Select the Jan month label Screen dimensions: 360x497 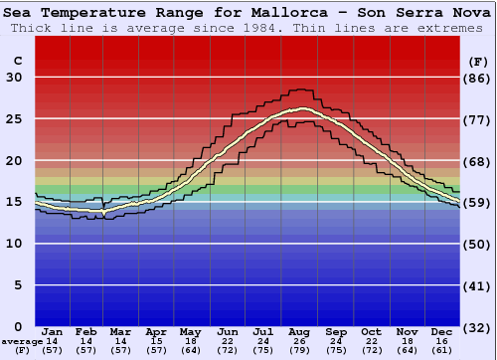pyautogui.click(x=54, y=331)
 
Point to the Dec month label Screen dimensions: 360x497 pyautogui.click(x=442, y=331)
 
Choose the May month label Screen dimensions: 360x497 pyautogui.click(x=189, y=331)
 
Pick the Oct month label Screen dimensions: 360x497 pyautogui.click(x=371, y=331)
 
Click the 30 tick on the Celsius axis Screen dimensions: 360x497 pyautogui.click(x=14, y=78)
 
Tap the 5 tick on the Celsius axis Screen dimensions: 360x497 pyautogui.click(x=18, y=285)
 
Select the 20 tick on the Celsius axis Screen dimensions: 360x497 pyautogui.click(x=14, y=161)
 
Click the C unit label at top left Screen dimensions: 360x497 pyautogui.click(x=17, y=60)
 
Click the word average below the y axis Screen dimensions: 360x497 pyautogui.click(x=21, y=341)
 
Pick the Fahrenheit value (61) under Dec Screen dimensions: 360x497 pyautogui.click(x=442, y=350)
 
